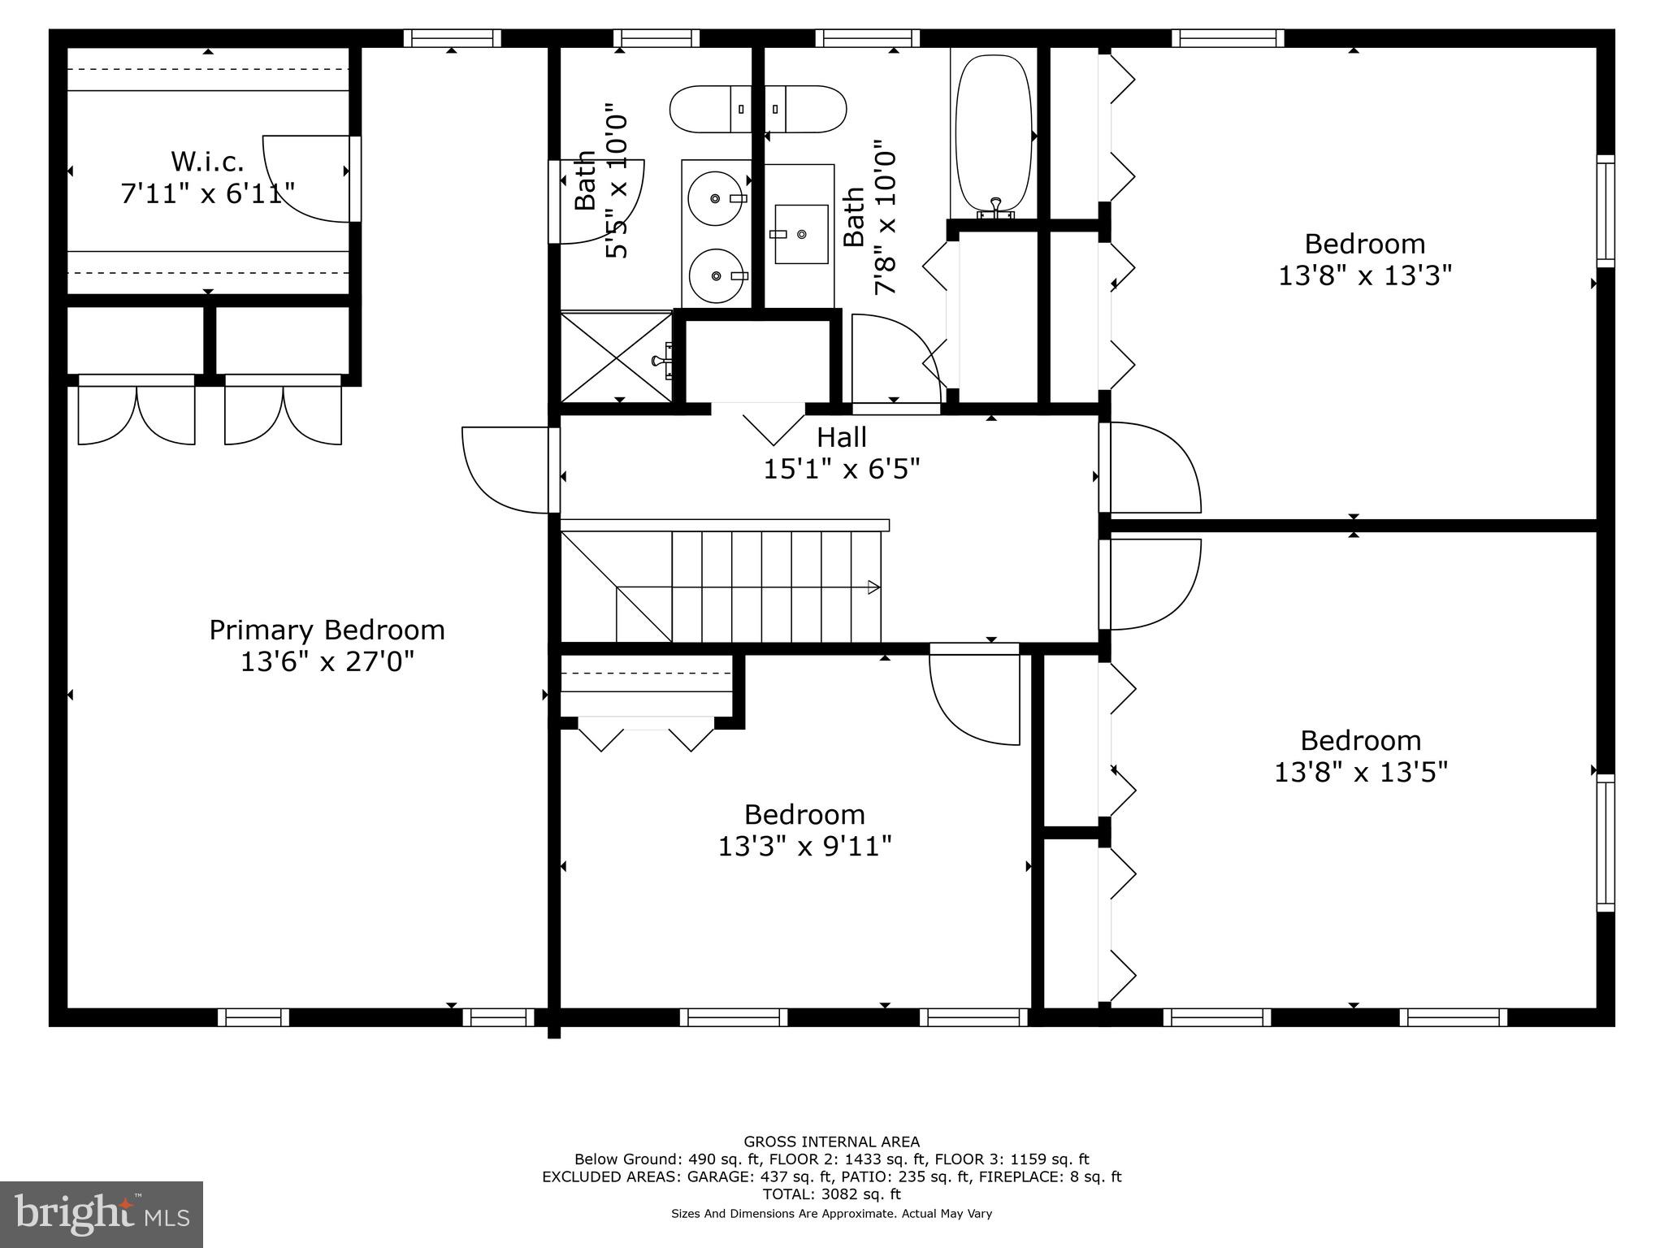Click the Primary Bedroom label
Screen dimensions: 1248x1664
pyautogui.click(x=327, y=630)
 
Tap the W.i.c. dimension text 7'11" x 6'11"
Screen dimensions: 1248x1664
pyautogui.click(x=207, y=193)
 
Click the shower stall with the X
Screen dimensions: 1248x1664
pyautogui.click(x=617, y=357)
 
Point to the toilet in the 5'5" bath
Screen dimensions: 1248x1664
pyautogui.click(x=707, y=109)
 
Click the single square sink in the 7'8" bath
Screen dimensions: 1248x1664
pyautogui.click(x=800, y=234)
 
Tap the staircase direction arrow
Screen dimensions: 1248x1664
pyautogui.click(x=873, y=587)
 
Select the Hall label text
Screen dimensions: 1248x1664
pyautogui.click(x=841, y=437)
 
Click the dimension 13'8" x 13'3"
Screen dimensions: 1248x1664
pyautogui.click(x=1364, y=275)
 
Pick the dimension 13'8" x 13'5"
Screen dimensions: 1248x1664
pyautogui.click(x=1360, y=772)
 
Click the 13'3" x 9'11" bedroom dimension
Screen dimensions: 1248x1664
pyautogui.click(x=804, y=847)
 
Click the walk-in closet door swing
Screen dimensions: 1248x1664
pyautogui.click(x=305, y=179)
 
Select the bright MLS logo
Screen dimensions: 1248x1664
pyautogui.click(x=102, y=1214)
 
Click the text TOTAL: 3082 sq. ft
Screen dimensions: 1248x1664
pyautogui.click(x=831, y=1194)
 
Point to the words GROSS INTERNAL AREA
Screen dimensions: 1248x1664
pyautogui.click(x=831, y=1142)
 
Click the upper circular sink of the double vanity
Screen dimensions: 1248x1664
pyautogui.click(x=715, y=198)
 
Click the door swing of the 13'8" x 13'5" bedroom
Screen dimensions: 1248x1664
pyautogui.click(x=1154, y=585)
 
